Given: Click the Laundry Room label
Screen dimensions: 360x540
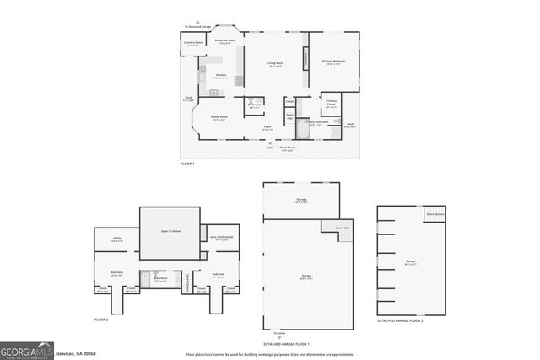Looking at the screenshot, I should pos(192,43).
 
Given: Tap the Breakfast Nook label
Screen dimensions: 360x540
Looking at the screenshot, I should pos(224,40).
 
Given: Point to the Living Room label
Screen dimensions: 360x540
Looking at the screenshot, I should pos(275,63).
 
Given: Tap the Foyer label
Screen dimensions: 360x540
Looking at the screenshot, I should pos(267,127).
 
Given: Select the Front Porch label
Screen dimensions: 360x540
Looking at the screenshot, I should pos(287,148).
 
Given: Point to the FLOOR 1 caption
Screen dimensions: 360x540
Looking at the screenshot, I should pos(187,164).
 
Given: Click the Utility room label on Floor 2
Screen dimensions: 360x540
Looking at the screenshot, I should pos(117,239).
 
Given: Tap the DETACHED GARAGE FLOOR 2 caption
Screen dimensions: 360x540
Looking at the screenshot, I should pos(400,322).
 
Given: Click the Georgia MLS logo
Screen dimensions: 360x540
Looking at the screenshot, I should pos(30,350).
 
